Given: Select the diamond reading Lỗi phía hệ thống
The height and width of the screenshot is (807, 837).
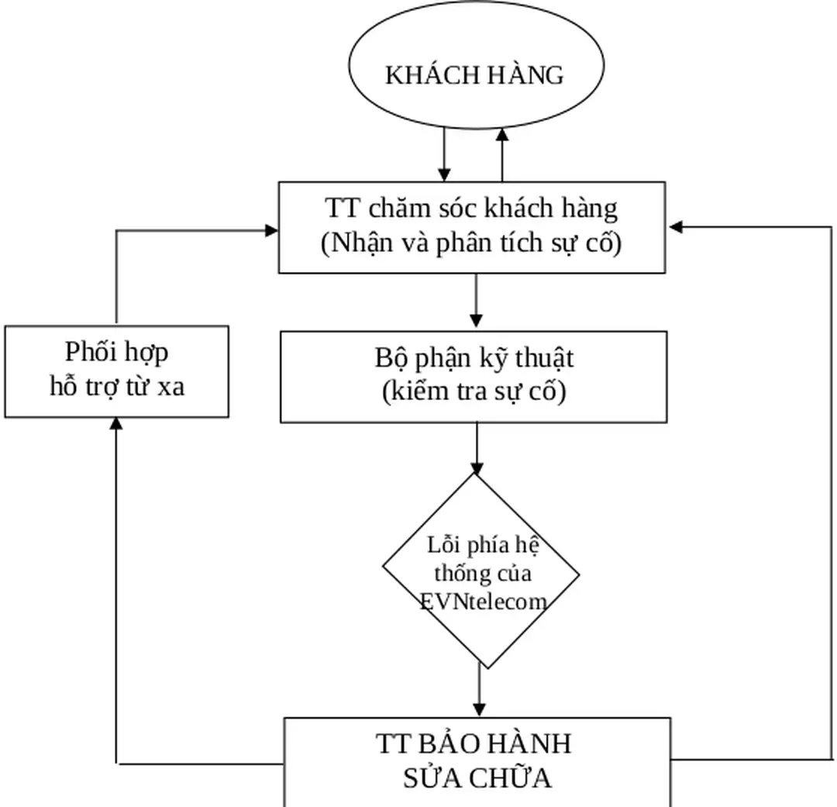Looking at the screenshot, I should pyautogui.click(x=480, y=570).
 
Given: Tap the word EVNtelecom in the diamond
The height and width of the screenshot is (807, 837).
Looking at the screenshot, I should pyautogui.click(x=483, y=602).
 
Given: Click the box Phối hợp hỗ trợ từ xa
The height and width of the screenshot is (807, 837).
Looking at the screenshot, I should pyautogui.click(x=116, y=371).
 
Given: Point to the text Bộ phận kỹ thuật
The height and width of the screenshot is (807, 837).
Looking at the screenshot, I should pyautogui.click(x=474, y=359).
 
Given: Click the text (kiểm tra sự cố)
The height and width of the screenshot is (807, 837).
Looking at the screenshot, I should pyautogui.click(x=474, y=392).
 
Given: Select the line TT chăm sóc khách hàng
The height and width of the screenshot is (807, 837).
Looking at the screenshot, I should pyautogui.click(x=471, y=209).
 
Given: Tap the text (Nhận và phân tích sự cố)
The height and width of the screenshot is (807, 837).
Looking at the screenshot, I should pyautogui.click(x=471, y=243).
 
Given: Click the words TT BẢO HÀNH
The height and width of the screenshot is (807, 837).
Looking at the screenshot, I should pyautogui.click(x=474, y=743).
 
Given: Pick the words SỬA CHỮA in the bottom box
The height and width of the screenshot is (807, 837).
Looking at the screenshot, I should pyautogui.click(x=477, y=778).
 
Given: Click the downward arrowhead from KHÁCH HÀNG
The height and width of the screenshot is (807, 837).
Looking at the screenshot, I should pyautogui.click(x=444, y=173).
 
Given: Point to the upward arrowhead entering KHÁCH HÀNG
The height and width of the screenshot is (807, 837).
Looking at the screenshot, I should pyautogui.click(x=502, y=135).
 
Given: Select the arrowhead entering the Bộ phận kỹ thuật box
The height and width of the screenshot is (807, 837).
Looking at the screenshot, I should pyautogui.click(x=476, y=320).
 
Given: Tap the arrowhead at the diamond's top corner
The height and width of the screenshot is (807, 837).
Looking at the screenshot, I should pyautogui.click(x=476, y=467).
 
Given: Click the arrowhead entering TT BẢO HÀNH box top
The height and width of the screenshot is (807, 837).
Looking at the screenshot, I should pyautogui.click(x=479, y=709).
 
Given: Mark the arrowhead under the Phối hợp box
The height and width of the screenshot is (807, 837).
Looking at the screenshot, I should pyautogui.click(x=116, y=423).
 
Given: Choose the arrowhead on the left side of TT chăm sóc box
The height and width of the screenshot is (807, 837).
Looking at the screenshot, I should pyautogui.click(x=270, y=230).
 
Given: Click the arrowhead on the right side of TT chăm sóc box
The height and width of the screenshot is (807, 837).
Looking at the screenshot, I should pyautogui.click(x=675, y=227).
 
